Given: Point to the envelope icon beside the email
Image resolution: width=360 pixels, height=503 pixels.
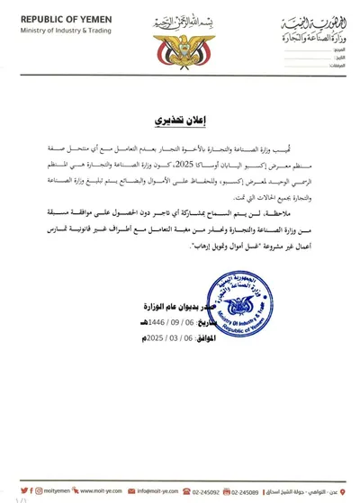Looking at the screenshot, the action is (132, 490).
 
